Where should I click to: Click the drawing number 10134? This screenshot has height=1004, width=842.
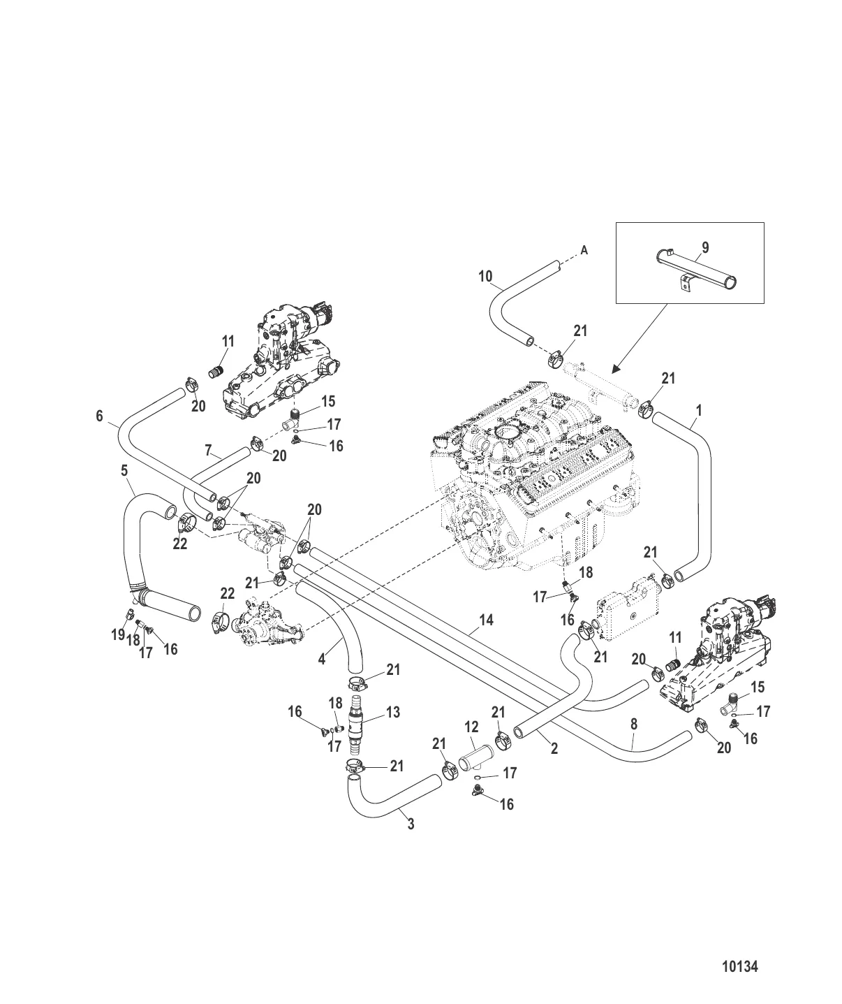[x=739, y=967]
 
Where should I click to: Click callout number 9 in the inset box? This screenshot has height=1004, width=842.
[x=704, y=247]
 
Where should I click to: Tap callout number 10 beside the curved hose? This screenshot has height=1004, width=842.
[x=485, y=277]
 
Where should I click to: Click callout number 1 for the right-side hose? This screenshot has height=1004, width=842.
[x=698, y=410]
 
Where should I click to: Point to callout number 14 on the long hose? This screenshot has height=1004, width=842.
[x=487, y=620]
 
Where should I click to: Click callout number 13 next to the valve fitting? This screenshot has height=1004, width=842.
[x=393, y=712]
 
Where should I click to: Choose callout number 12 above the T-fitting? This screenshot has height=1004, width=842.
[x=471, y=728]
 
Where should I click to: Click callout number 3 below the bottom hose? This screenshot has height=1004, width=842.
[x=411, y=824]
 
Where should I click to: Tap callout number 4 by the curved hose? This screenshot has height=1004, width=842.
[x=322, y=658]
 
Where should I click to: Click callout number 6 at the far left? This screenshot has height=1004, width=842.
[x=100, y=416]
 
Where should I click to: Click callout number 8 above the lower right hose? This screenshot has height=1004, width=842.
[x=633, y=725]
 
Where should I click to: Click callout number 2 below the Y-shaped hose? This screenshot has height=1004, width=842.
[x=554, y=749]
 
